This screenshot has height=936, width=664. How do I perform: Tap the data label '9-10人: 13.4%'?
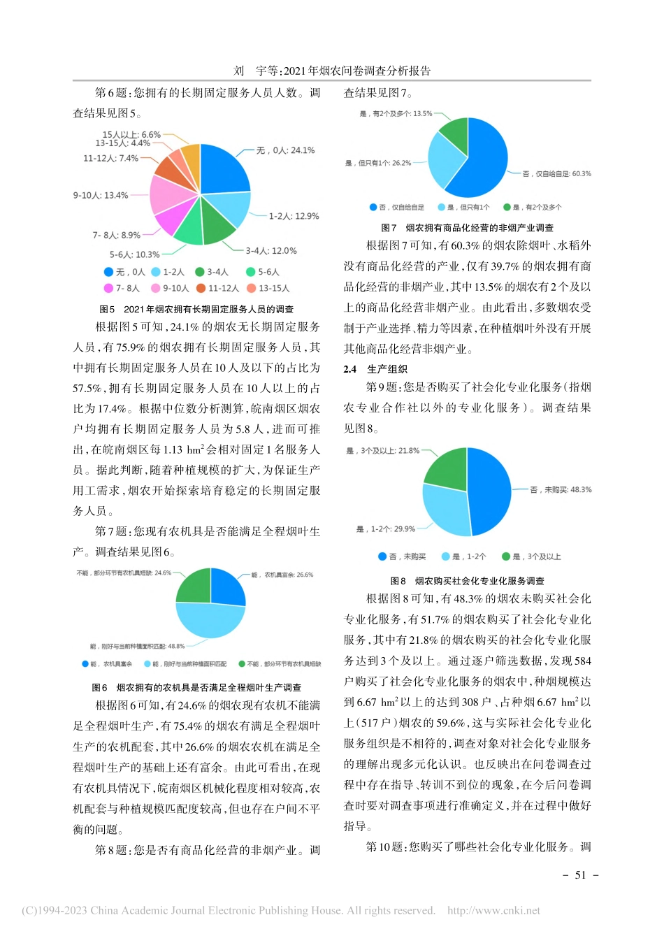pos(101,196)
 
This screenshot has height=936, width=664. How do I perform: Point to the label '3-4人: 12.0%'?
pos(271,251)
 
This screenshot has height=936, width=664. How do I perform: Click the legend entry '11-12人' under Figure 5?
pos(218,288)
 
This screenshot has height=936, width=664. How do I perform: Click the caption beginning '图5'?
pos(196,309)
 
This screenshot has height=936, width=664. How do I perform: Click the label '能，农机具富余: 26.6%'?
pos(282,575)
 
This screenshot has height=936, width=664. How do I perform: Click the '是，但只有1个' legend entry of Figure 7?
pos(463,208)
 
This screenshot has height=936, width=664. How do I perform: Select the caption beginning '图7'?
pos(467,228)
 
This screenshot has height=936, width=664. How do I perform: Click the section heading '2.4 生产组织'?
pos(375,369)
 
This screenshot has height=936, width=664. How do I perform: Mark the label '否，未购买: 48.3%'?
pos(561,490)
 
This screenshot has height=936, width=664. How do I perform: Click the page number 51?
pos(580,875)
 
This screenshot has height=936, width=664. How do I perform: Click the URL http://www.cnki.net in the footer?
pos(493,911)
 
